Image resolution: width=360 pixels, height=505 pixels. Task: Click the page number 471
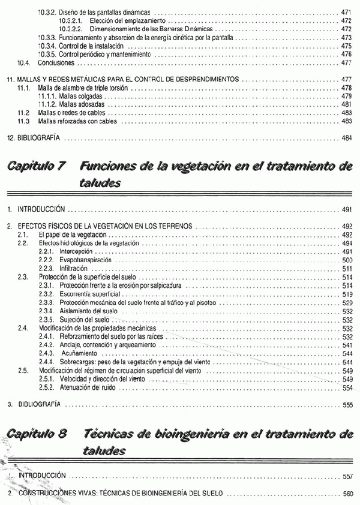pos(346,12)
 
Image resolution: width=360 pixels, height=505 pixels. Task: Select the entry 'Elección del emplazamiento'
pos(118,20)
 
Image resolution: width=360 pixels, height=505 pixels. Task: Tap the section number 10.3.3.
pos(47,37)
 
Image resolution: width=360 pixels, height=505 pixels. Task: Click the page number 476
pos(346,54)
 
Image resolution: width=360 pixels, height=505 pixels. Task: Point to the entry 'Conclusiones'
pos(56,62)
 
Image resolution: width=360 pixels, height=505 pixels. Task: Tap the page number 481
pos(346,104)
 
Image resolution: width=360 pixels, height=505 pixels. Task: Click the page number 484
pos(346,138)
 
